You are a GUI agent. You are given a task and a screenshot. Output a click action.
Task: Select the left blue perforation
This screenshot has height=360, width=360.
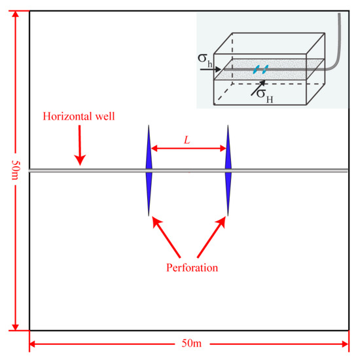click(149, 170)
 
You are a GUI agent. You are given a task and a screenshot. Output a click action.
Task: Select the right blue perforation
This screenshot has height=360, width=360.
click(228, 170)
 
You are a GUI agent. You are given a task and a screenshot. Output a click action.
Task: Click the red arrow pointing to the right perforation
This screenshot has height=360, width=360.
click(211, 237)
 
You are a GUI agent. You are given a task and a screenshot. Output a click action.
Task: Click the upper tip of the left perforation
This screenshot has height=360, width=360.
click(149, 126)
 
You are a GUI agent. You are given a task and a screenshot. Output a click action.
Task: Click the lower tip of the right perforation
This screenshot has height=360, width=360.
click(228, 214)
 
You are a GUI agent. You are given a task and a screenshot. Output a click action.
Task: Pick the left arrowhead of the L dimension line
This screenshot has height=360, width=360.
click(155, 149)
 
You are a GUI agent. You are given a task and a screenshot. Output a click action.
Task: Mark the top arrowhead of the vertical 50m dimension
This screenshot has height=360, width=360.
click(14, 14)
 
